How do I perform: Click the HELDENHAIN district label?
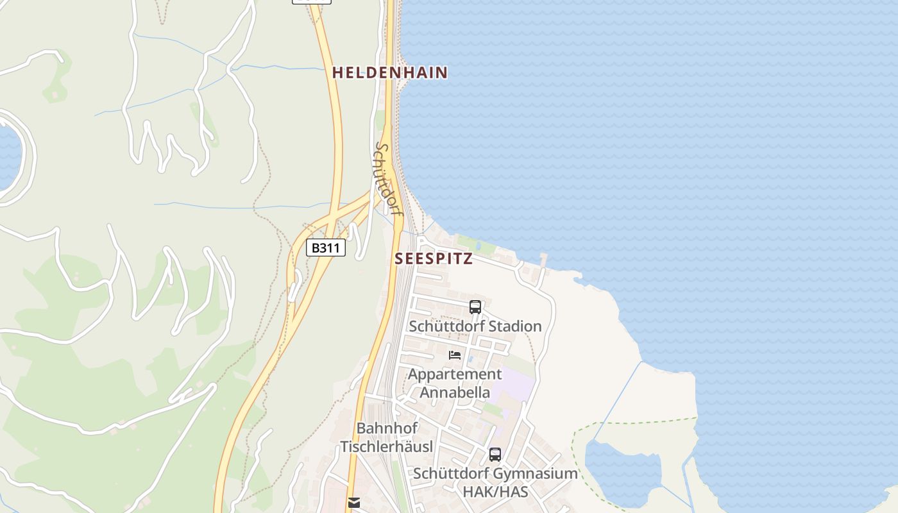click(389, 72)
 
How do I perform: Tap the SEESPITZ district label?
click(434, 259)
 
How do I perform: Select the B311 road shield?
click(326, 248)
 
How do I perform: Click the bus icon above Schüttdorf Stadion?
click(475, 307)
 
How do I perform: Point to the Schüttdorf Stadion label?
click(475, 326)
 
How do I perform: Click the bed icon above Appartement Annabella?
click(455, 355)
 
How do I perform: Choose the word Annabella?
click(455, 392)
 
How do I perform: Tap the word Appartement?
click(455, 374)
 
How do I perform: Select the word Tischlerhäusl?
click(387, 447)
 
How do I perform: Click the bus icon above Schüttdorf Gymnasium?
click(495, 455)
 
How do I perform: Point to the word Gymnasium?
click(538, 474)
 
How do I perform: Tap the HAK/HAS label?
click(495, 492)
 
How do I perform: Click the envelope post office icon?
click(353, 503)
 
